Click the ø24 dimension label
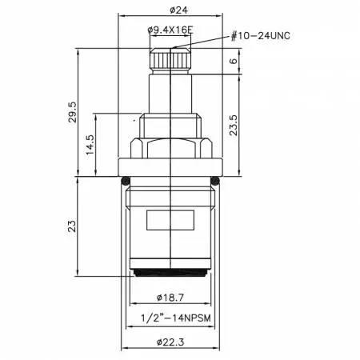pos(178,10)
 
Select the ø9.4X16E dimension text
pos(170,30)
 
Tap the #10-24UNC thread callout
pos(260,36)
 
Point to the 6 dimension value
pos(233,61)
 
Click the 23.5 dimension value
pos(233,125)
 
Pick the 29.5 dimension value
pos(72,112)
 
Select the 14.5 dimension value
pos(90,145)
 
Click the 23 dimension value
pos(72,226)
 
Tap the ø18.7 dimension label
pos(170,297)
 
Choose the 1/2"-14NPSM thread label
pos(176,318)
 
